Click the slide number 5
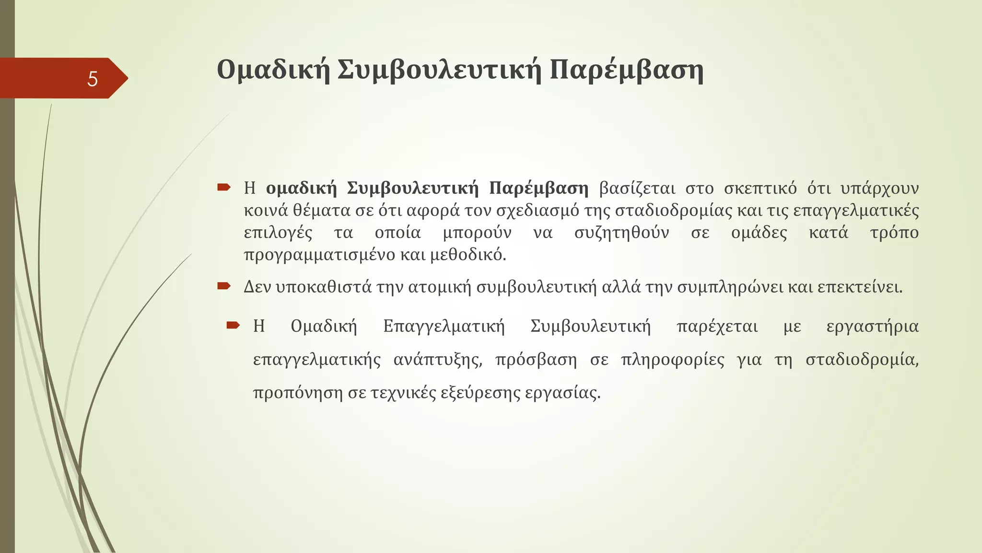pos(93,79)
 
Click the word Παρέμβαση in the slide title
pos(626,70)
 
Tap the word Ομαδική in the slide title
pos(273,70)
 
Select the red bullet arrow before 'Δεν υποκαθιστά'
pos(224,287)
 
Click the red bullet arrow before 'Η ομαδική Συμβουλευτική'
pos(224,187)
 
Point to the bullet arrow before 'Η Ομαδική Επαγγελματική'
pos(233,326)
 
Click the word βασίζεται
pos(637,188)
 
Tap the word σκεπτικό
pos(760,188)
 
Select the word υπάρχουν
pos(879,188)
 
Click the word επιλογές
pos(278,233)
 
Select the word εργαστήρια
pos(872,326)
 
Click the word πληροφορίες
pos(673,360)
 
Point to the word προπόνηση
pos(298,393)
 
